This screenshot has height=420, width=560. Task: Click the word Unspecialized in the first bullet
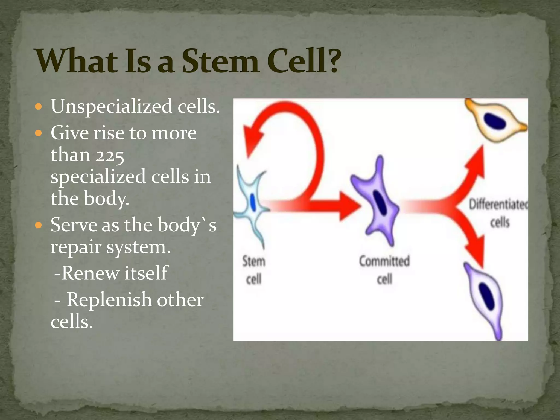click(x=112, y=106)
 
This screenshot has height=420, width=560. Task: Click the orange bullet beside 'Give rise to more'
click(x=39, y=133)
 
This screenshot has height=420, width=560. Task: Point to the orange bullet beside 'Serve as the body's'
click(x=39, y=225)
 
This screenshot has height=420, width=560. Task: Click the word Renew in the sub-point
click(x=91, y=273)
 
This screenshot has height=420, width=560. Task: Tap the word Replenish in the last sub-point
click(x=109, y=300)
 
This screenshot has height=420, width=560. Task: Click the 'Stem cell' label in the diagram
click(x=254, y=270)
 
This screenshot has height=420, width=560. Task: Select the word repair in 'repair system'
click(x=76, y=247)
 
